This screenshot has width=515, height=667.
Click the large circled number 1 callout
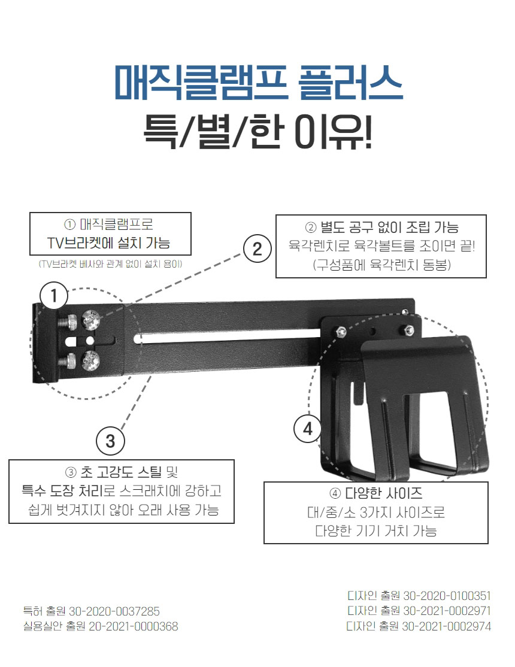coord(54,296)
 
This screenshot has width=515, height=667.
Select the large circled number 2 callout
coord(257,248)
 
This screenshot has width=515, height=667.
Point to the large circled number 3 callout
coord(110,441)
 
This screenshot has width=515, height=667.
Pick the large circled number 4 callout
coord(308,428)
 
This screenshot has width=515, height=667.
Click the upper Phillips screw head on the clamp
coord(90,320)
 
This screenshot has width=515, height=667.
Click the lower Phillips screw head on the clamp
coord(90,360)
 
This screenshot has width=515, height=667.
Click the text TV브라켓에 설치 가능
coord(108,243)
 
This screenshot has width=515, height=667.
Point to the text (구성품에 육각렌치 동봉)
coord(381,265)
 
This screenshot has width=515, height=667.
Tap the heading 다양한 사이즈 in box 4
coord(383,493)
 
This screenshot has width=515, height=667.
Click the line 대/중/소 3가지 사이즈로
coord(376,512)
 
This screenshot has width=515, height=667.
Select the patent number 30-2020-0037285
coord(114,611)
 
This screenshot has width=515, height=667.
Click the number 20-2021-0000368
coord(133,626)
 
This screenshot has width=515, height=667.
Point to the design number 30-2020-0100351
coord(447,596)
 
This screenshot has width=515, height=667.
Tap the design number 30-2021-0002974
coord(447,626)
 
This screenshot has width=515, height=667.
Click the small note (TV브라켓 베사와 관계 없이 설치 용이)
coord(110,264)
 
